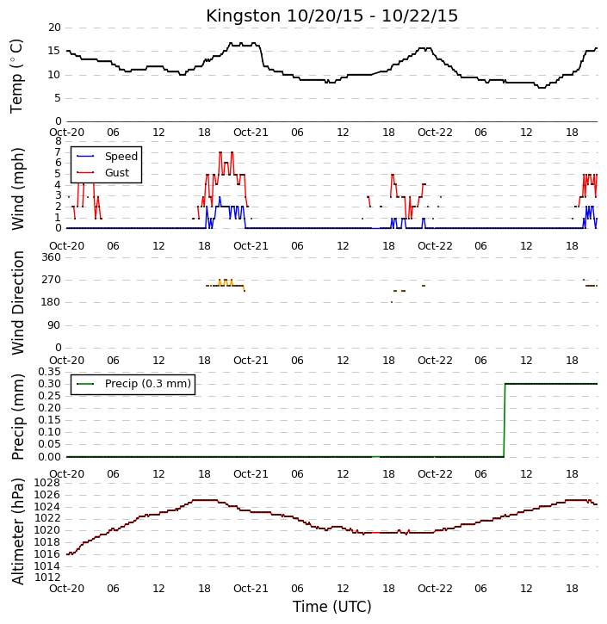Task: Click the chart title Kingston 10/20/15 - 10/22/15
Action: [x=331, y=15]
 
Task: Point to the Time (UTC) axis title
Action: [x=332, y=607]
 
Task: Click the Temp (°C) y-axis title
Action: [x=16, y=76]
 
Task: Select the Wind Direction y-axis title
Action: [x=18, y=302]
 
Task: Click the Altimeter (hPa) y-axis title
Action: [x=18, y=531]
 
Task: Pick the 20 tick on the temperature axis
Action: [x=54, y=28]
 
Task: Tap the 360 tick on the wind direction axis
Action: [x=52, y=257]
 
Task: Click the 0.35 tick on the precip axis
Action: [x=49, y=372]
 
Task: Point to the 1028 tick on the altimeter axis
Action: [x=47, y=483]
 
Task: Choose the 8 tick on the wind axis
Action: [x=58, y=141]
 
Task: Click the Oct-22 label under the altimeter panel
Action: [x=435, y=588]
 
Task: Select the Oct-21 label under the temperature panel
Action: [x=251, y=133]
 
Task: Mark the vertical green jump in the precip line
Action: [x=505, y=420]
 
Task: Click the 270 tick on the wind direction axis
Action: [x=52, y=280]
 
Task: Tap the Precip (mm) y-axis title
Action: [x=18, y=417]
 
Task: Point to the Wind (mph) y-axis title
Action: [x=18, y=188]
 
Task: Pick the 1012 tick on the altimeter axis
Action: [x=47, y=577]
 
